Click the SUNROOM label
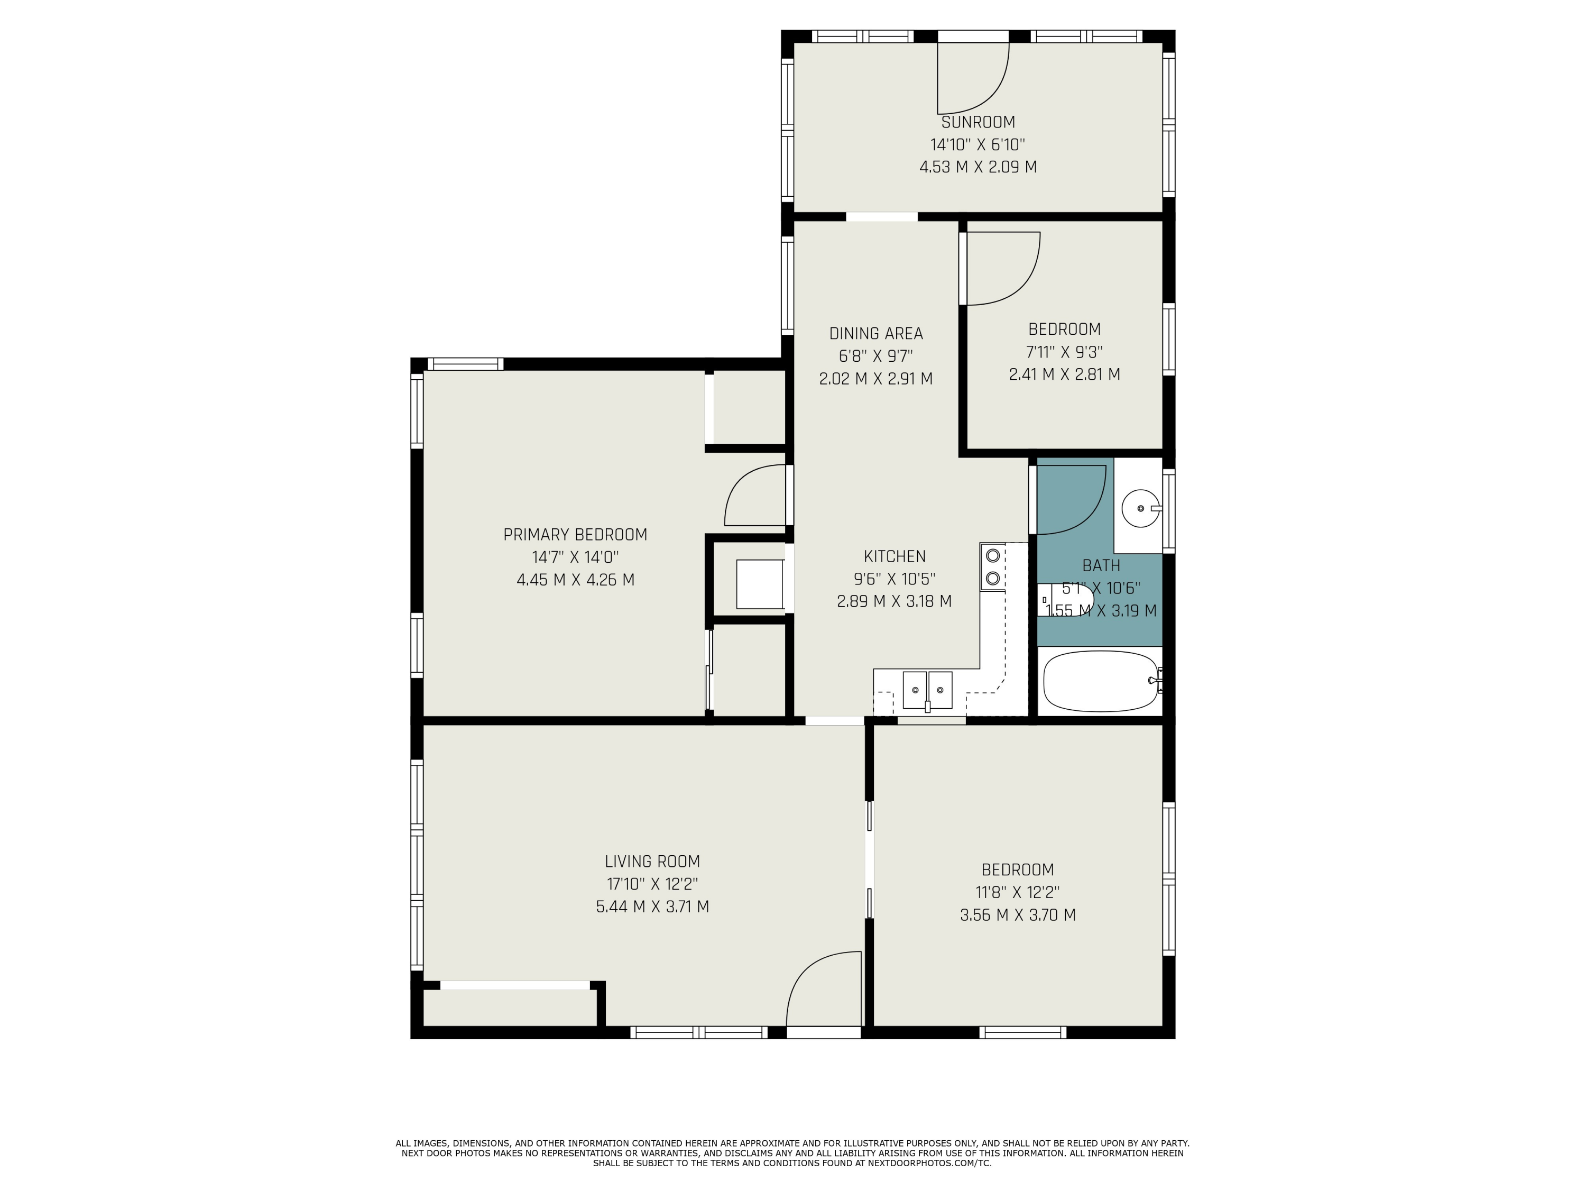pyautogui.click(x=978, y=122)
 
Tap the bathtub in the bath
pyautogui.click(x=1101, y=681)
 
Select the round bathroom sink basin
pyautogui.click(x=1141, y=508)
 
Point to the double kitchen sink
pyautogui.click(x=927, y=690)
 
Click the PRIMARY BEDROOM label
pyautogui.click(x=575, y=534)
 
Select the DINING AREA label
pyautogui.click(x=876, y=334)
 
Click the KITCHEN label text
pyautogui.click(x=895, y=556)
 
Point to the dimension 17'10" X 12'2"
pyautogui.click(x=652, y=884)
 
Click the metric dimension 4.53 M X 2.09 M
pyautogui.click(x=978, y=167)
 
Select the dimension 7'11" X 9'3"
pyautogui.click(x=1065, y=352)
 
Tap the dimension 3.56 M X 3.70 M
pyautogui.click(x=1018, y=914)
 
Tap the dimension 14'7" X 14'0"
pyautogui.click(x=575, y=556)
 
